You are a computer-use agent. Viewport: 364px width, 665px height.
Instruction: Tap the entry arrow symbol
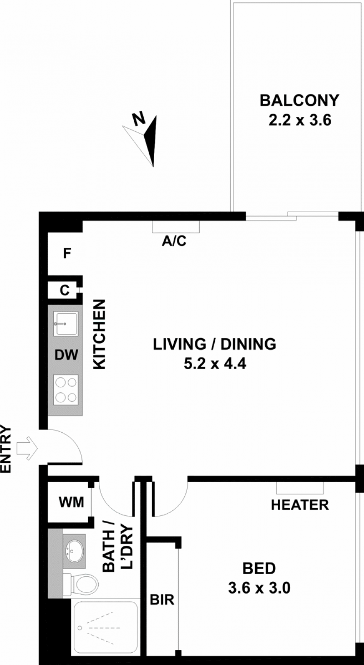point(27,448)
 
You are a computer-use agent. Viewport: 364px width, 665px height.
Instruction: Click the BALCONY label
point(299,100)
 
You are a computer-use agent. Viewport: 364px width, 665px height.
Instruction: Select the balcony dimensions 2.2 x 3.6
point(300,120)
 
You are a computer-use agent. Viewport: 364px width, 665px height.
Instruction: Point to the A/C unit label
point(174,241)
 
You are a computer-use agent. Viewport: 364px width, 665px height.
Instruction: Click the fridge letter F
point(67,254)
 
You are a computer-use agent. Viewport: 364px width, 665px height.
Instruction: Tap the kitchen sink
point(66,324)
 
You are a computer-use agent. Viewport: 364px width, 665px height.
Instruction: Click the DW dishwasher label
point(66,355)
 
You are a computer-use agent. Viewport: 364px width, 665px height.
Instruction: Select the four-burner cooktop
point(66,390)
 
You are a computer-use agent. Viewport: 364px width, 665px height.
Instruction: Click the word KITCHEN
point(99,334)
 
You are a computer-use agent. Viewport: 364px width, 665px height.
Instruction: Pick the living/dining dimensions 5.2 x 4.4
point(215,364)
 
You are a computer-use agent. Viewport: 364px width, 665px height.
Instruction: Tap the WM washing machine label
point(71,502)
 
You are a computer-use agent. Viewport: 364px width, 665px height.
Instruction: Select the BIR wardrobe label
point(162,600)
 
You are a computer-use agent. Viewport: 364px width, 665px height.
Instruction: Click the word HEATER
point(300,505)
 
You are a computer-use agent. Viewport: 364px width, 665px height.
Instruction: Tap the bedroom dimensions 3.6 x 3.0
point(259,588)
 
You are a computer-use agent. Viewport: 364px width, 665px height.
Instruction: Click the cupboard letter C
point(65,290)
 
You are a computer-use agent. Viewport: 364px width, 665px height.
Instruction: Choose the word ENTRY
point(5,449)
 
